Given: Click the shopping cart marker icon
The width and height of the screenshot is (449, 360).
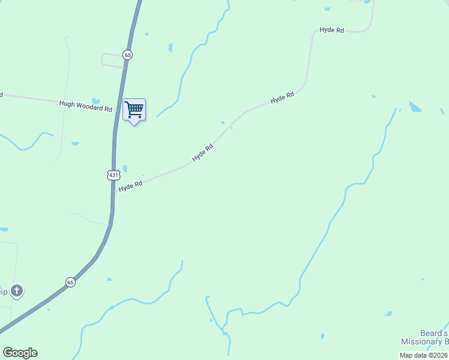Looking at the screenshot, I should [134, 110].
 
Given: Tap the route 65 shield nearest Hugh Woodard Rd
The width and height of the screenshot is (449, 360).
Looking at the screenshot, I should [127, 55].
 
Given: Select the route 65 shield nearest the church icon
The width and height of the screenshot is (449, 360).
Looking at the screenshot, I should [70, 282].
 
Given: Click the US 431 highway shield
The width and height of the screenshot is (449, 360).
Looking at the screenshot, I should [114, 175].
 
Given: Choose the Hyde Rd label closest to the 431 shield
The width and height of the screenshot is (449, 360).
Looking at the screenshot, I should [130, 187].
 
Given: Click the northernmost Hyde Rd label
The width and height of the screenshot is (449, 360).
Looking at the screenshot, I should [331, 29].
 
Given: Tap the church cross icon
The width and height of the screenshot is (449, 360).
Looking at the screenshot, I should [17, 292].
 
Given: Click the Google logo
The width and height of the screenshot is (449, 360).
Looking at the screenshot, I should [20, 353].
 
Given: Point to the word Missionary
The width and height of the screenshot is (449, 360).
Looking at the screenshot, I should [421, 342].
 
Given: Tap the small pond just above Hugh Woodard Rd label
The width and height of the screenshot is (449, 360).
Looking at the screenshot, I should [95, 101].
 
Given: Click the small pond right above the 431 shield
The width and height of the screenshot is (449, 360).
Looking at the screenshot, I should [125, 169].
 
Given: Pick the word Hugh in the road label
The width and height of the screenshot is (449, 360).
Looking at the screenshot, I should [66, 103].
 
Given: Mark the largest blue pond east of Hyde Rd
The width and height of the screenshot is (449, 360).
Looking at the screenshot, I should [415, 107].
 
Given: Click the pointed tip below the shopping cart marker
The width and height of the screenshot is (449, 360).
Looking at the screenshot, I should [134, 124].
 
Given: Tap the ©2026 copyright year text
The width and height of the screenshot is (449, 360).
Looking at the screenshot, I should [438, 355].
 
